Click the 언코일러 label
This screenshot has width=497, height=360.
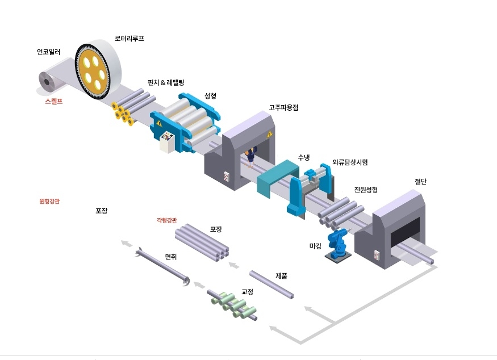click(x=48, y=52)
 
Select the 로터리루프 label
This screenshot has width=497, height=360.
click(x=130, y=38)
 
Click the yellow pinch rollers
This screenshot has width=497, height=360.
click(x=122, y=112)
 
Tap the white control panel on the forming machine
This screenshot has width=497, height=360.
click(x=167, y=141)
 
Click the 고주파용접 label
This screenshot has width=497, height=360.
click(x=285, y=106)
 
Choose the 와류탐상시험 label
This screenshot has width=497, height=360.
click(x=350, y=162)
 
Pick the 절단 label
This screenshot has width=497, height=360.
click(x=420, y=182)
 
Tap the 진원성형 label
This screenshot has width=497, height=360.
click(x=366, y=189)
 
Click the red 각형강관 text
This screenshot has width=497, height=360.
click(x=166, y=220)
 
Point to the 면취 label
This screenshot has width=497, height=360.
click(x=171, y=257)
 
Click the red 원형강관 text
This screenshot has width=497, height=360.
click(x=49, y=201)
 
